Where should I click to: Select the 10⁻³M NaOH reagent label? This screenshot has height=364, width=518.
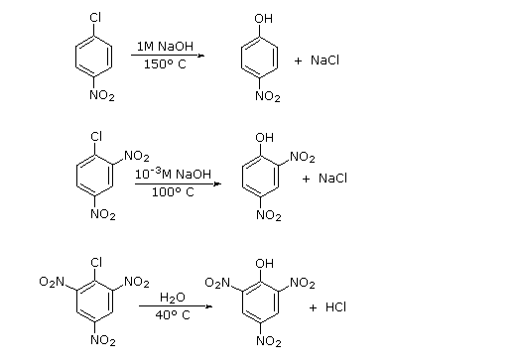(x=174, y=174)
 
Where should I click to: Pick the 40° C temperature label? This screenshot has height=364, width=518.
(x=172, y=315)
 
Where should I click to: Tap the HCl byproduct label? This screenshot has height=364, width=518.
(x=335, y=307)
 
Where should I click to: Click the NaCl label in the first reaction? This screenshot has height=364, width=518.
(x=324, y=61)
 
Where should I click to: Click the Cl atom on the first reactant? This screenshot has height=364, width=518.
(x=96, y=17)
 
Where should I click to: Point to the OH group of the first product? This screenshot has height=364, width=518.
(x=263, y=19)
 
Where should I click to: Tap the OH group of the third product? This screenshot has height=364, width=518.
(x=263, y=263)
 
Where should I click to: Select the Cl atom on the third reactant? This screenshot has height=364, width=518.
(x=96, y=262)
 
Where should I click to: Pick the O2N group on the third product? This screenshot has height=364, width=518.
(x=216, y=284)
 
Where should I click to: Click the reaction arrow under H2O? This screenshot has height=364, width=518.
(x=175, y=305)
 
